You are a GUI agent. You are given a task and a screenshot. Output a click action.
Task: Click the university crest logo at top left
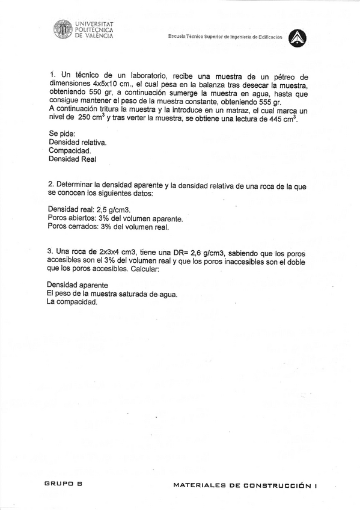[x=63, y=29]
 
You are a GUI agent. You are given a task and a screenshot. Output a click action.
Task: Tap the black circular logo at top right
[x=297, y=38]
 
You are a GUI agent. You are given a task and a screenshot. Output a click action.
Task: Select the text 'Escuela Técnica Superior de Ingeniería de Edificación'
[x=225, y=37]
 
